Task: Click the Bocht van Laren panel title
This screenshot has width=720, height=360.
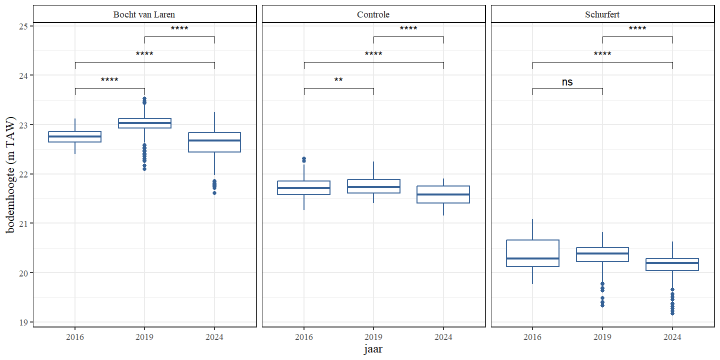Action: (144, 14)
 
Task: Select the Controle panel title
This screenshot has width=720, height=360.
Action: (373, 14)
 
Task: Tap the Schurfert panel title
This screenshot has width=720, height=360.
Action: (602, 14)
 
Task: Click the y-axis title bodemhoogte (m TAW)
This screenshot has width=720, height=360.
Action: (11, 174)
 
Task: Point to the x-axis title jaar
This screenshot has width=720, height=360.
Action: (373, 349)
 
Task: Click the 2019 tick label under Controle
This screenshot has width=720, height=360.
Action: (373, 337)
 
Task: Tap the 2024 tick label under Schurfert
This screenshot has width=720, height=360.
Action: (672, 337)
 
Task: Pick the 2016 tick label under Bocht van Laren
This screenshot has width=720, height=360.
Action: (75, 337)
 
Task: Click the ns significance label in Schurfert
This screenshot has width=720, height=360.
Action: (567, 82)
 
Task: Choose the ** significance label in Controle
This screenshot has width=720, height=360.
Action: (338, 80)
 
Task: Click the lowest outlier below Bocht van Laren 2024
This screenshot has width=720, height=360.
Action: (214, 192)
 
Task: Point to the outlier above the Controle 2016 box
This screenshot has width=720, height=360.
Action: (303, 159)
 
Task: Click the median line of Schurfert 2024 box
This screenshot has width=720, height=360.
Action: (672, 263)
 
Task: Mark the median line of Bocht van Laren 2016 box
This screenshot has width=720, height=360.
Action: (75, 136)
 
